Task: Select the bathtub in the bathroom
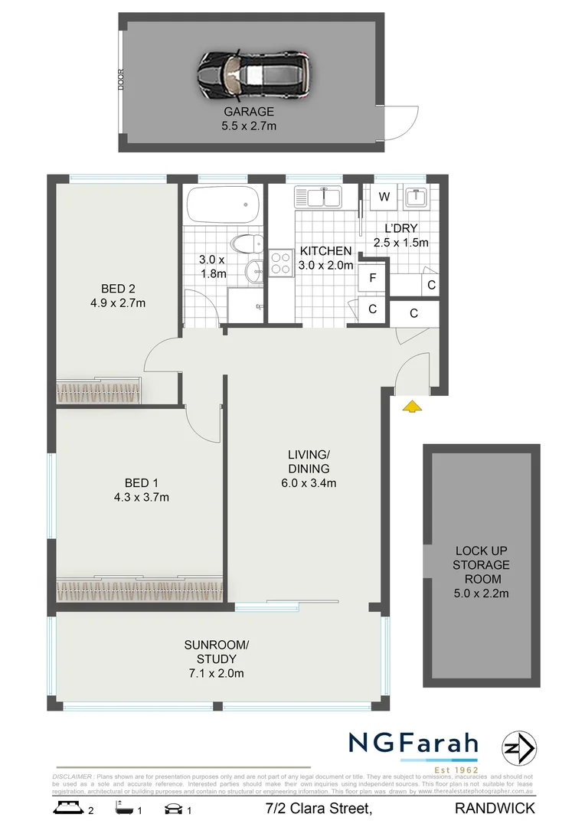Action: tap(223, 204)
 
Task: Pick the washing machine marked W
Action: tap(384, 197)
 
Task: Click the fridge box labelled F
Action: tap(373, 277)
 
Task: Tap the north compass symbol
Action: tap(520, 748)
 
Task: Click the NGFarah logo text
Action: tap(413, 744)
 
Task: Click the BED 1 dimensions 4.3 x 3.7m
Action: tap(146, 497)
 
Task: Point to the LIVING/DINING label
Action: tap(309, 462)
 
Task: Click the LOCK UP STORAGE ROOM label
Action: tap(482, 564)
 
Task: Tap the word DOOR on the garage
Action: tap(120, 80)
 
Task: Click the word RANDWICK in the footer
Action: tap(495, 808)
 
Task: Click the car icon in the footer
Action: tap(172, 808)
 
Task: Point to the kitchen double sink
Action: tap(319, 198)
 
